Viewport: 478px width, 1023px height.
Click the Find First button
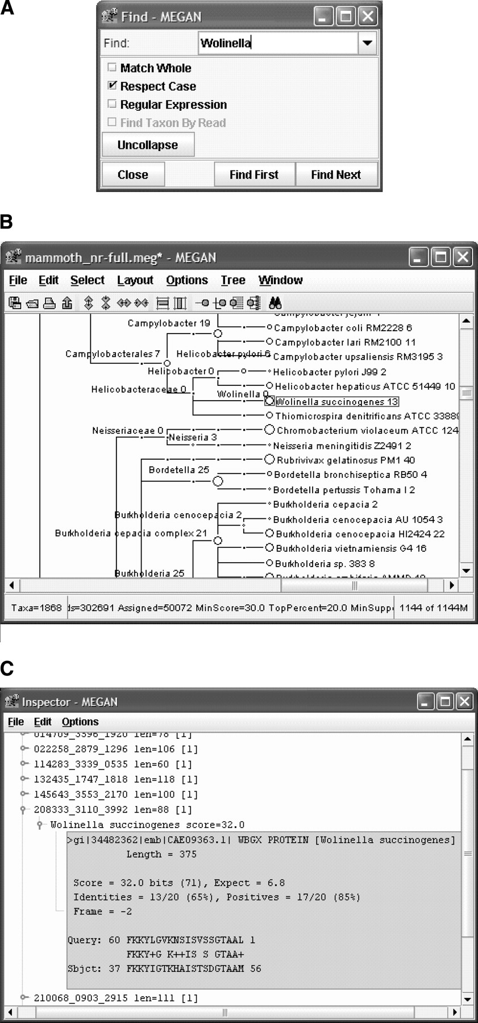(254, 174)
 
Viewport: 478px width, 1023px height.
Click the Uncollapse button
(148, 145)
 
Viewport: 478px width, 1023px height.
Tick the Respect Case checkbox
(112, 86)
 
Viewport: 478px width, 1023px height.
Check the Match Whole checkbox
(112, 68)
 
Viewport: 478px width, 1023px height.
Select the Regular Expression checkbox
(112, 104)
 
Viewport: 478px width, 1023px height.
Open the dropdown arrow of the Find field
(367, 43)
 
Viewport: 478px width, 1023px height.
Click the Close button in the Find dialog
(133, 174)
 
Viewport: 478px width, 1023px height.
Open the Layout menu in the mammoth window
(135, 280)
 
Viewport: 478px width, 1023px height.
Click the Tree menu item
(232, 280)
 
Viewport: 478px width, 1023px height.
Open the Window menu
(280, 280)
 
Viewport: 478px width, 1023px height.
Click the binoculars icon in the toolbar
(275, 303)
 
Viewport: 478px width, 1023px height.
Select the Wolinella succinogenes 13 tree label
(337, 402)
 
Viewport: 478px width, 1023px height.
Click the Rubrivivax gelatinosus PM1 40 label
(346, 460)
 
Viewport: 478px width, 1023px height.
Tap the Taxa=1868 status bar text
(36, 608)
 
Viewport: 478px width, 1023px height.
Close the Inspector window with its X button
(464, 702)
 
